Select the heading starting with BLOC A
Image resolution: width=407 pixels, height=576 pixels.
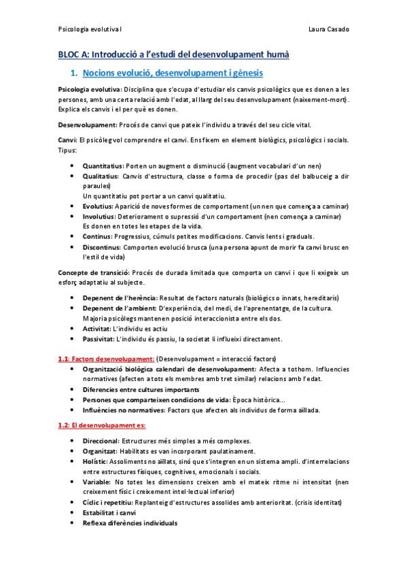(173, 54)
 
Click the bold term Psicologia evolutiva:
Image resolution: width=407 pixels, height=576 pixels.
(90, 90)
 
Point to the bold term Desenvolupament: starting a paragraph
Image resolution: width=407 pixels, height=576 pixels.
(87, 124)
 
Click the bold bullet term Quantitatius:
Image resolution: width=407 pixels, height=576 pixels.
(103, 166)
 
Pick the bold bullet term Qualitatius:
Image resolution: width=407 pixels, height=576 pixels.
(101, 176)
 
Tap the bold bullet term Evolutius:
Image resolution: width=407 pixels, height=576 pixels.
(98, 205)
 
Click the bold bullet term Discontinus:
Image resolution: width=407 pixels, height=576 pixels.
(103, 248)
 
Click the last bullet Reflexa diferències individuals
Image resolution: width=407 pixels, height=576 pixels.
(130, 523)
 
